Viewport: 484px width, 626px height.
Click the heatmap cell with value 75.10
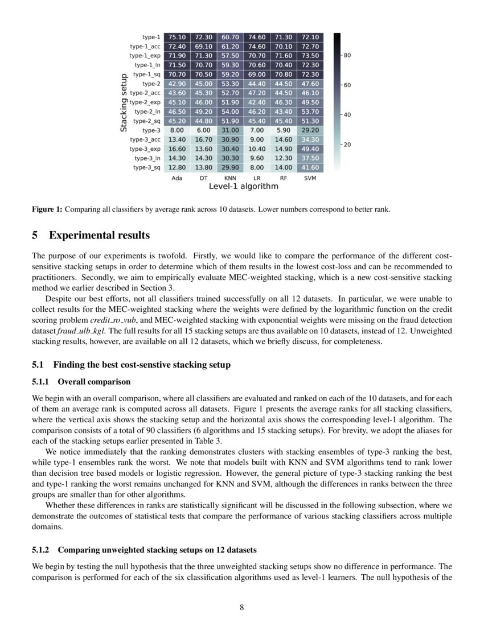click(x=177, y=37)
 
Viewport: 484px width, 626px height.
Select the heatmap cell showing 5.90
click(x=284, y=130)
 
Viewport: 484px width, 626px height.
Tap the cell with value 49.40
click(x=310, y=149)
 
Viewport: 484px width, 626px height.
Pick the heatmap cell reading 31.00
click(x=230, y=130)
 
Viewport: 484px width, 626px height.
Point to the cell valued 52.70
click(x=230, y=93)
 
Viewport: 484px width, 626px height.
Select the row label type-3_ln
click(x=150, y=158)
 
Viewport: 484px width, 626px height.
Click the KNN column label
click(x=230, y=178)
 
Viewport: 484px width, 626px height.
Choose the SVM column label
click(x=310, y=178)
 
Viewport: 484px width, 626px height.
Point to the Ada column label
click(x=177, y=178)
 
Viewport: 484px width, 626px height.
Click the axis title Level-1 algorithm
click(x=243, y=187)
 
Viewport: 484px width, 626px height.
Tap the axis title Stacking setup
click(x=123, y=102)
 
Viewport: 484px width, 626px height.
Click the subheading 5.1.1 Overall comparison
click(x=81, y=381)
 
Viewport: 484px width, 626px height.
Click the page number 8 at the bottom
click(x=242, y=607)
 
